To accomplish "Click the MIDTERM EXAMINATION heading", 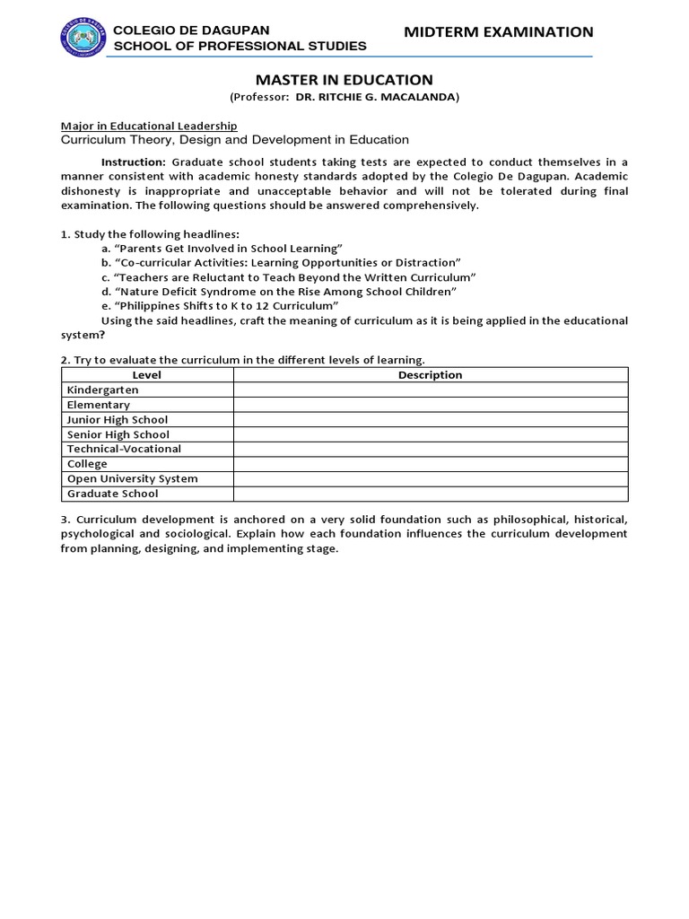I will (499, 32).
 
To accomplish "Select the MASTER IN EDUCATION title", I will (344, 80).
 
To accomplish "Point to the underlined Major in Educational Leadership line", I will (148, 126).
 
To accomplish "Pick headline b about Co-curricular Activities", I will (280, 262).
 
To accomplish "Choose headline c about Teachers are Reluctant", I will (288, 277).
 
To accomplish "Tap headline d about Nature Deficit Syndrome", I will (279, 292).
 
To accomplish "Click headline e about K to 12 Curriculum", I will (220, 306).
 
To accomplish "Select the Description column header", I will (430, 375).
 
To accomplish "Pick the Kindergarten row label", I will (103, 390).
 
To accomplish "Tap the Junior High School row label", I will (118, 420).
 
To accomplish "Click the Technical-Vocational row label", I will (124, 449).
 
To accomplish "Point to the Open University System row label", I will (133, 478).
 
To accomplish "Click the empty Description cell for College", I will (430, 464).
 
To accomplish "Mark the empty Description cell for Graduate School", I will (430, 494).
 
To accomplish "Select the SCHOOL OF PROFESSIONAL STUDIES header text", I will (236, 46).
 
